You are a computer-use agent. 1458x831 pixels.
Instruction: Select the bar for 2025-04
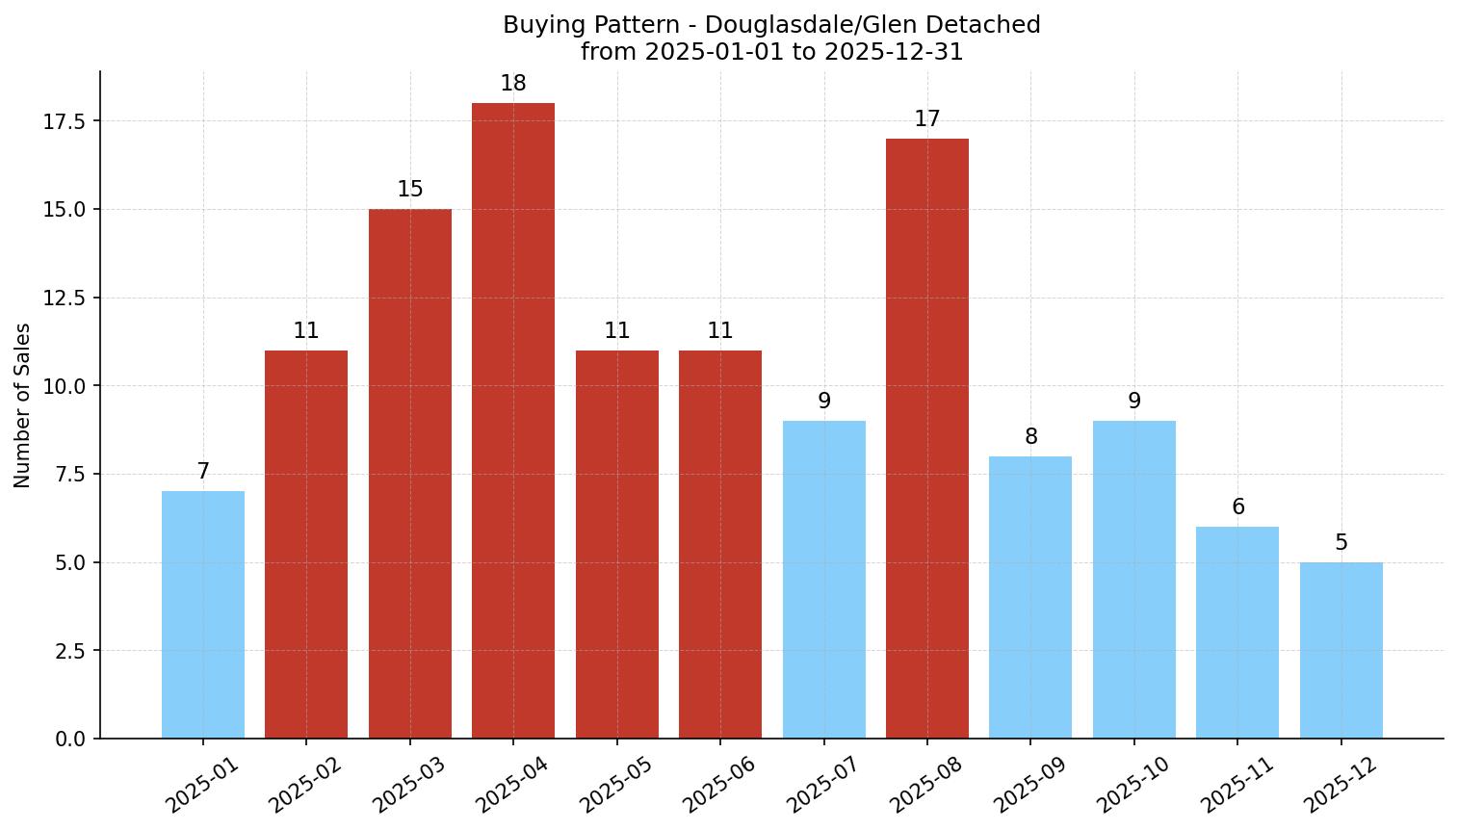point(513,421)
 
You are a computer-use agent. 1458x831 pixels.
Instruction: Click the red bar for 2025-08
point(927,438)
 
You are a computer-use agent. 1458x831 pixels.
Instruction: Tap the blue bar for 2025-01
point(203,614)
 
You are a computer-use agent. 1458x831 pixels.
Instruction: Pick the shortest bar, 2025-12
point(1341,650)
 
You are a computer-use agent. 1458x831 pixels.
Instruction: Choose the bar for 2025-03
point(410,474)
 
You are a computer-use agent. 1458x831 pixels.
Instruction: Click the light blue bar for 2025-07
point(824,580)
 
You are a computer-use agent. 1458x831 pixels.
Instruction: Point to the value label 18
point(513,84)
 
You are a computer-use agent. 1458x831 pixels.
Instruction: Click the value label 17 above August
point(927,119)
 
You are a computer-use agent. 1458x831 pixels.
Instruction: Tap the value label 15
point(410,190)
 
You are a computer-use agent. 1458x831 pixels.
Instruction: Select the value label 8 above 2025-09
point(1031,437)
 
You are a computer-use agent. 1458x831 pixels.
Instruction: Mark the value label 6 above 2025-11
point(1238,507)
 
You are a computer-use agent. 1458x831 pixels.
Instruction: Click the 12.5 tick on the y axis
point(65,299)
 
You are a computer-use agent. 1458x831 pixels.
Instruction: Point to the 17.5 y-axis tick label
point(65,121)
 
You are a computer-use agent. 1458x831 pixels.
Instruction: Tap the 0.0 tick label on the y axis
point(70,740)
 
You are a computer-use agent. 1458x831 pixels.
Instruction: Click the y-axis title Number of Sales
point(23,405)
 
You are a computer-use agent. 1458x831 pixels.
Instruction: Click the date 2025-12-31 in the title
point(894,52)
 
